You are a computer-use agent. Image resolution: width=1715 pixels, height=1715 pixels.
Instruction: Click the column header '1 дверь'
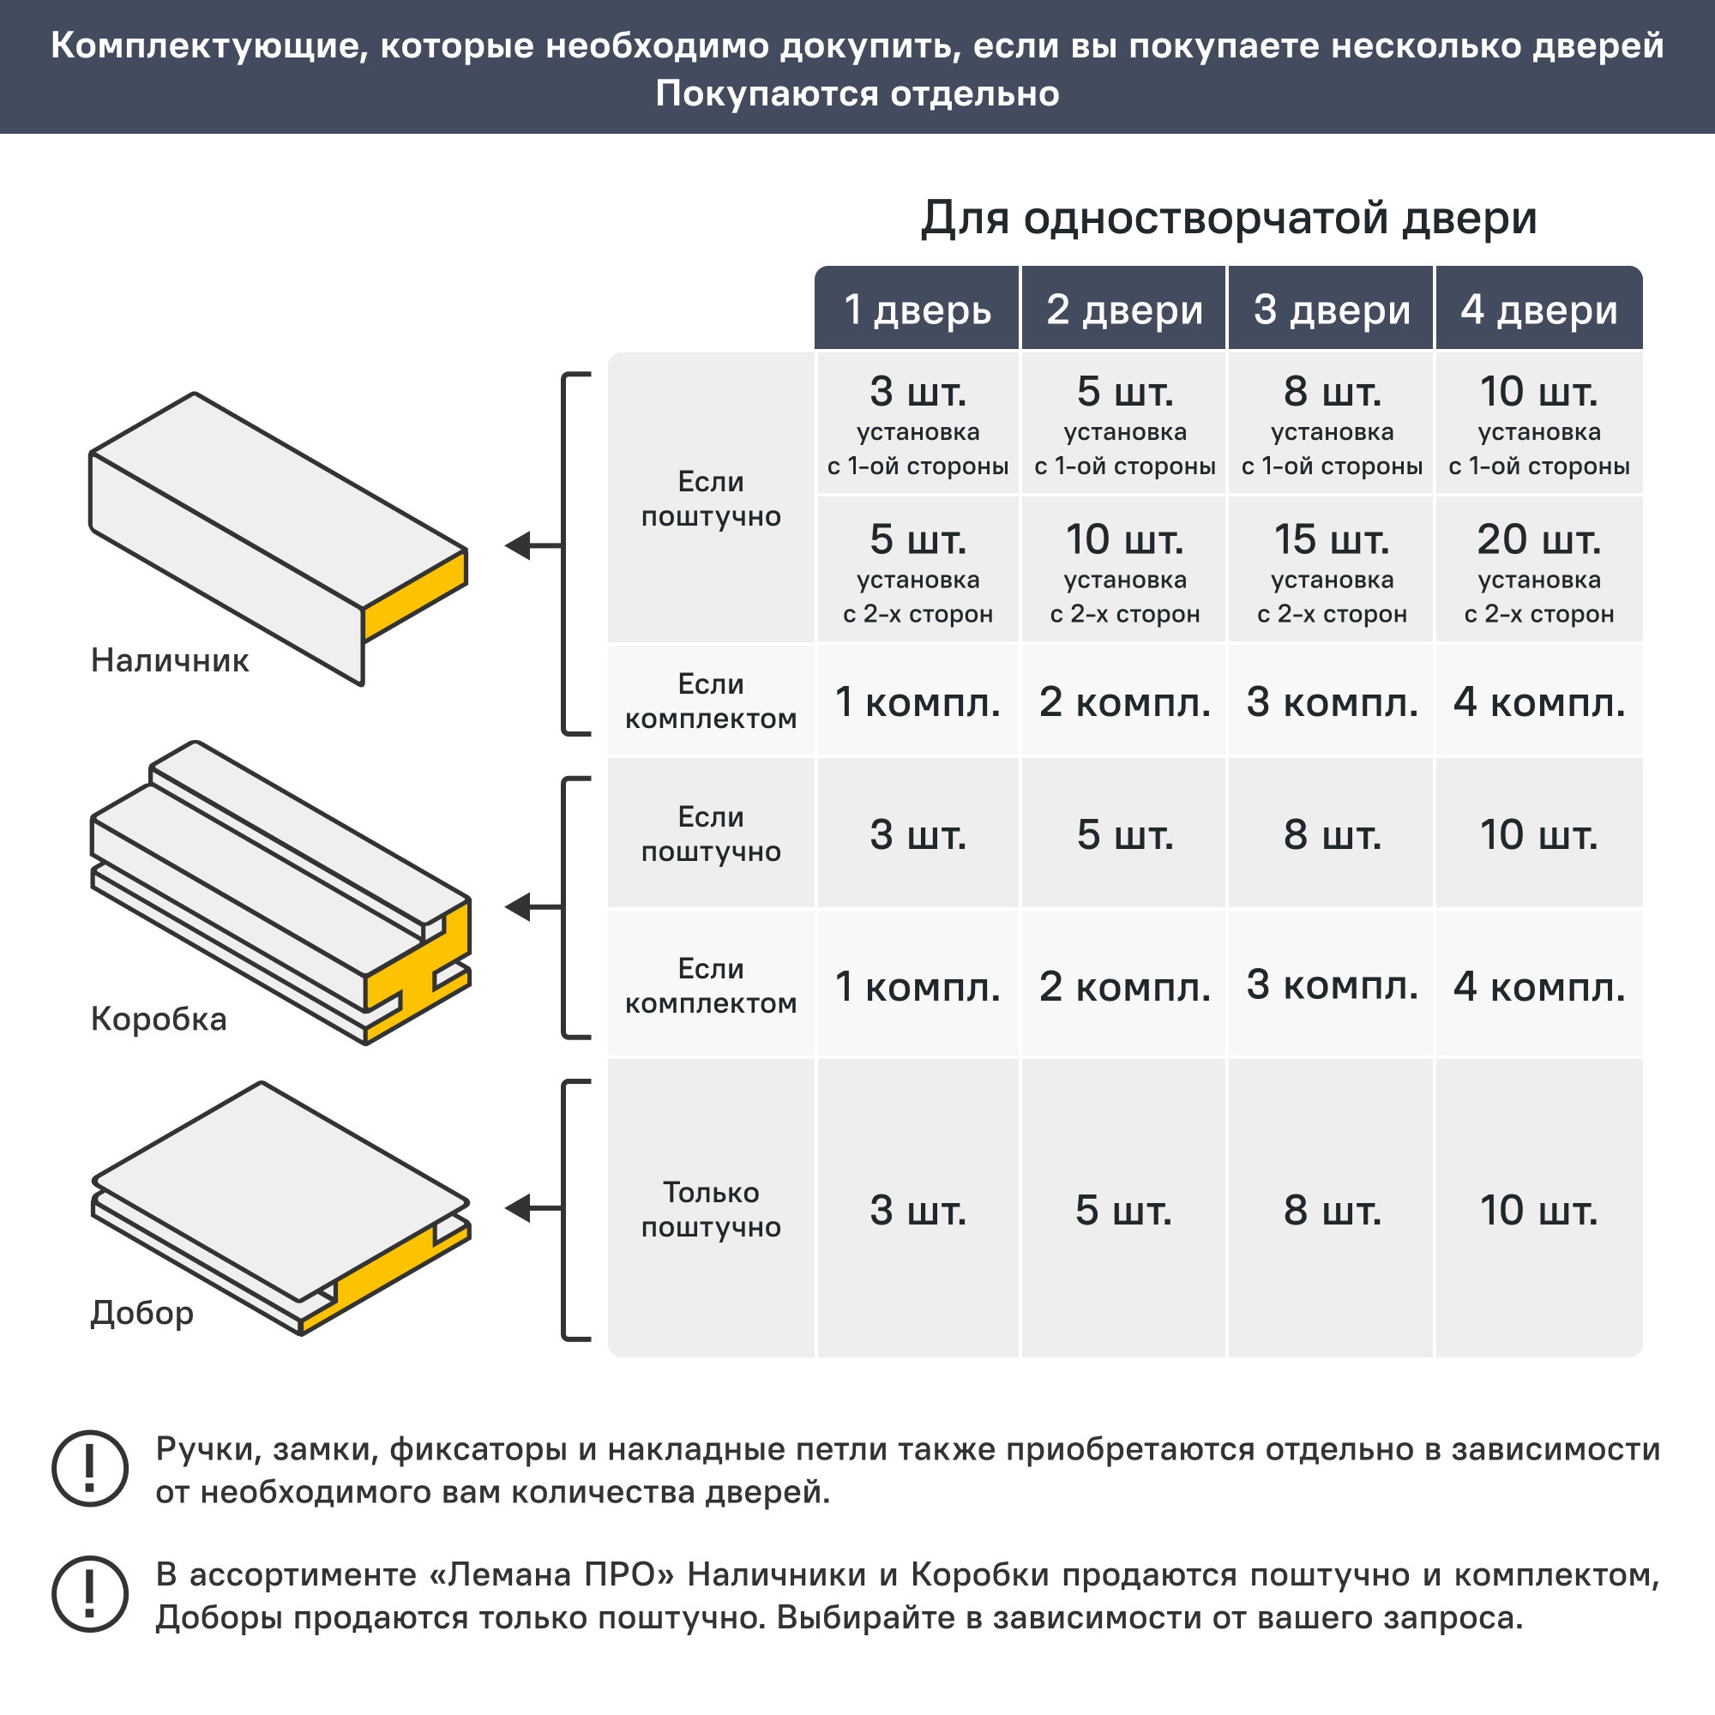917,309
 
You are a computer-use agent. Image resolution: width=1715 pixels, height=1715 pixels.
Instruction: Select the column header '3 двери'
1331,309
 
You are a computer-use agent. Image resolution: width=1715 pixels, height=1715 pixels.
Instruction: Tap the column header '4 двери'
1538,309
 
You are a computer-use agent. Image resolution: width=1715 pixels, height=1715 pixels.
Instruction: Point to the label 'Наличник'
170,660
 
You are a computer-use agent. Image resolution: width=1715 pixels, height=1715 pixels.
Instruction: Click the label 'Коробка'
159,1018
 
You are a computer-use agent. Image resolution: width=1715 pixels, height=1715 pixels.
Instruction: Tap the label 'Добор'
142,1312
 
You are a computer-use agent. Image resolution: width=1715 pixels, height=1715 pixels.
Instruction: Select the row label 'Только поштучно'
711,1209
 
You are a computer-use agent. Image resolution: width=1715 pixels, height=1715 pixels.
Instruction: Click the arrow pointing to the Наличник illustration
531,545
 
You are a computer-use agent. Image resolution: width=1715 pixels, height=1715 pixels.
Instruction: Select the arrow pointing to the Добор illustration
531,1208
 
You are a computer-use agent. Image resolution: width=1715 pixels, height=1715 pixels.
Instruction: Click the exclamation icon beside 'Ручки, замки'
90,1467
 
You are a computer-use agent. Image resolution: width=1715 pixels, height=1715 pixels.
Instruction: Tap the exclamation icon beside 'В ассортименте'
90,1593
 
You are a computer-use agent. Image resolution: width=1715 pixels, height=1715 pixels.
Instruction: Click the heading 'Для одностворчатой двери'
1228,218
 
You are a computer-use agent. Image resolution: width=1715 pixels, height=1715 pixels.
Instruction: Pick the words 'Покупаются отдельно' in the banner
857,93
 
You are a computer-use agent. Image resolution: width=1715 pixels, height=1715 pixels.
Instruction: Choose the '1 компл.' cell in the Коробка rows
917,986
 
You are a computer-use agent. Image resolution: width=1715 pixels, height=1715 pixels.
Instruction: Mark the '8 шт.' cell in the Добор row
1331,1209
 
